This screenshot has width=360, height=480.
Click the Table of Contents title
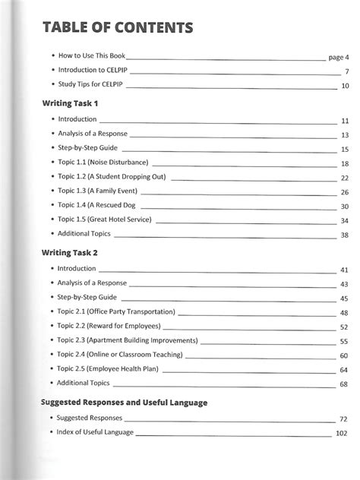tap(118, 29)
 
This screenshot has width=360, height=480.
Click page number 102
tap(341, 434)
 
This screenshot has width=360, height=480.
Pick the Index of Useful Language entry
tap(96, 432)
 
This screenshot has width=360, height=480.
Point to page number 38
tap(344, 235)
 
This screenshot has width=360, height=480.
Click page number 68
tap(344, 384)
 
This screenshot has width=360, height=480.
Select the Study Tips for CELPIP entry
tap(90, 85)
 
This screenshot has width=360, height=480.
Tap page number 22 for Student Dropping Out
tap(344, 178)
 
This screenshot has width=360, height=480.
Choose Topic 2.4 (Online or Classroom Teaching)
tap(120, 355)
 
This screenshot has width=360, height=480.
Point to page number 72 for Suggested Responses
tap(344, 419)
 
